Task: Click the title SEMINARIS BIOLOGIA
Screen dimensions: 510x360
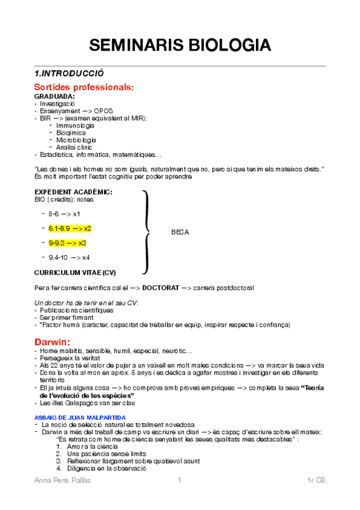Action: (x=180, y=45)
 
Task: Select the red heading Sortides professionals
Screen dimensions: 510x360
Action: (x=84, y=87)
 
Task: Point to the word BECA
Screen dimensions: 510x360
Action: (x=180, y=232)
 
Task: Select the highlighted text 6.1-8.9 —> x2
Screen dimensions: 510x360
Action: (x=70, y=229)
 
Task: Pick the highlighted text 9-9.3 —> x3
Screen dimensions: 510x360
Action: (x=67, y=243)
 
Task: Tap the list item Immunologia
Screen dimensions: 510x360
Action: (x=75, y=125)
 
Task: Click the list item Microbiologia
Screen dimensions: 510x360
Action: (x=76, y=140)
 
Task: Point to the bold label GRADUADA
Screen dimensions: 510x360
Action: (x=55, y=96)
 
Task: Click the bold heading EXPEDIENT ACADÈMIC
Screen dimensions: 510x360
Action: (x=73, y=192)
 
